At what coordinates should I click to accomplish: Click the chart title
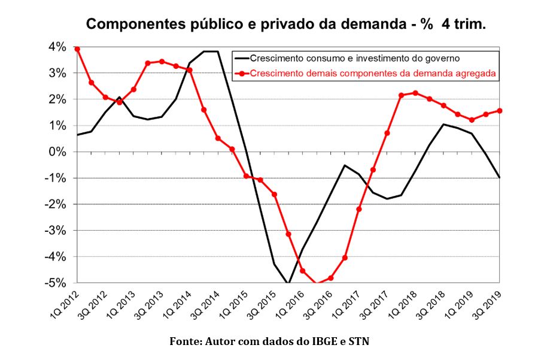286,25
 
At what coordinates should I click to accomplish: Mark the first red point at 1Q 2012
77,49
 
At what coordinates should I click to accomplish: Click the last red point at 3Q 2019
500,111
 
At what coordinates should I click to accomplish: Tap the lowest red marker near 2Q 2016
317,283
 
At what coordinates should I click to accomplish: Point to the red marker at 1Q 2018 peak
415,93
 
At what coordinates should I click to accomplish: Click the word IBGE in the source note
322,342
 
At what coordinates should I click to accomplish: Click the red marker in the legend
241,74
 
